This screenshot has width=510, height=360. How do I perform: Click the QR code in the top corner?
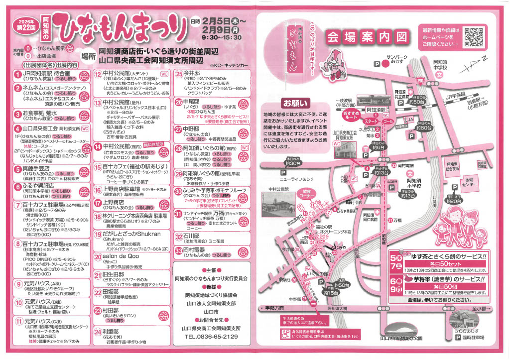coord(475,37)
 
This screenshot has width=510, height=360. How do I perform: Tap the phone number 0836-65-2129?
coord(211,337)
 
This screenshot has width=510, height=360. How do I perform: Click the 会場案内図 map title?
coord(366,36)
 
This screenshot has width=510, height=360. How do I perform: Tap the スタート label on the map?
coord(371,121)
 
